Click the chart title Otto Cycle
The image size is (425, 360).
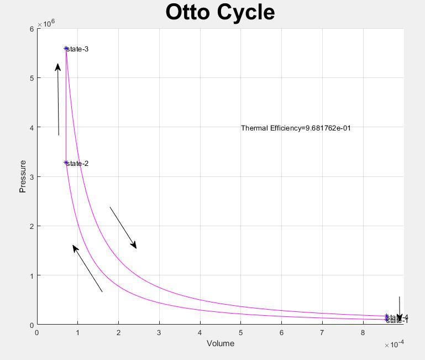click(x=220, y=12)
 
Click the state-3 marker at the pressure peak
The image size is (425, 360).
click(x=66, y=49)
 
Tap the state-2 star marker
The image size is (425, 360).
click(x=66, y=163)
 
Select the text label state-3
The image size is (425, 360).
click(x=77, y=49)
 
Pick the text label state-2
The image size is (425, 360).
click(x=77, y=164)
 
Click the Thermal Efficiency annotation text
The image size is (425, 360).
click(x=296, y=128)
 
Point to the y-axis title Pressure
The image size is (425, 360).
click(x=23, y=176)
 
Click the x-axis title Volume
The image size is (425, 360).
click(x=220, y=343)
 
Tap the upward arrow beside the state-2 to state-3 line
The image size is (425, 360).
click(x=57, y=100)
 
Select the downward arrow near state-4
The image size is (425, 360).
click(x=400, y=309)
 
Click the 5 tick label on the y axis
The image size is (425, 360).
click(x=32, y=78)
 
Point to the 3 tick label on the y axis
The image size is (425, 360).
click(x=32, y=177)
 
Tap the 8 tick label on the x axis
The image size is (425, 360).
click(x=363, y=332)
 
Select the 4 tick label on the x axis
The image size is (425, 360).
click(x=200, y=332)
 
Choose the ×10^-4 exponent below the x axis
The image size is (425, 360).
click(x=394, y=345)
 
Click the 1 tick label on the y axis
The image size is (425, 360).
click(x=32, y=276)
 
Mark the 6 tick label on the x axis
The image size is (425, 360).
click(x=281, y=332)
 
